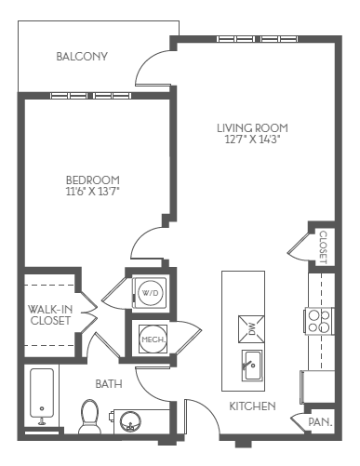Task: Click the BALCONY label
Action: click(x=82, y=57)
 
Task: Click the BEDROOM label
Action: click(x=92, y=180)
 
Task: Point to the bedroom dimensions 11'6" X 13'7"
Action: click(x=92, y=192)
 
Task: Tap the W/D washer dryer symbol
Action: click(x=149, y=292)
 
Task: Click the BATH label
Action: click(x=108, y=383)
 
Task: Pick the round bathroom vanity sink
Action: click(x=131, y=420)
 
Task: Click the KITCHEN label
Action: click(x=251, y=406)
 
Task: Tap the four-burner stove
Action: click(x=319, y=320)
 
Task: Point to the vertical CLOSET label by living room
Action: click(x=322, y=247)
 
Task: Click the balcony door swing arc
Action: click(x=151, y=67)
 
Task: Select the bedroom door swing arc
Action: click(x=147, y=244)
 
